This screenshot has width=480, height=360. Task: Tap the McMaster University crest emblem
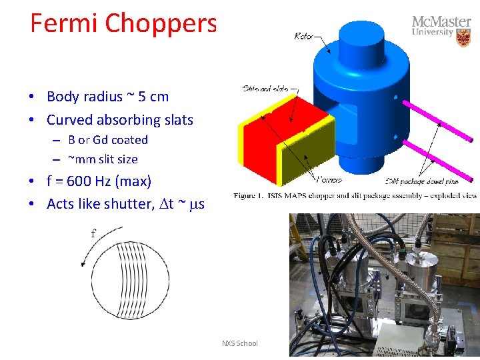(x=463, y=37)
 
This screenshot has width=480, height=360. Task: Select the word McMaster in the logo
(x=441, y=21)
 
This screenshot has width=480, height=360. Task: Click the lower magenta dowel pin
(x=440, y=160)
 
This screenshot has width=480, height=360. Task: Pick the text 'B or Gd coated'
(x=108, y=140)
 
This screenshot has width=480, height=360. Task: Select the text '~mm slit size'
(x=103, y=159)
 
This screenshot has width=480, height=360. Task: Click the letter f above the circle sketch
(x=93, y=233)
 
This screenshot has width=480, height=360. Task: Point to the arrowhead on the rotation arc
(x=84, y=264)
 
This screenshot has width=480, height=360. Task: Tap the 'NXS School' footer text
(x=239, y=343)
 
